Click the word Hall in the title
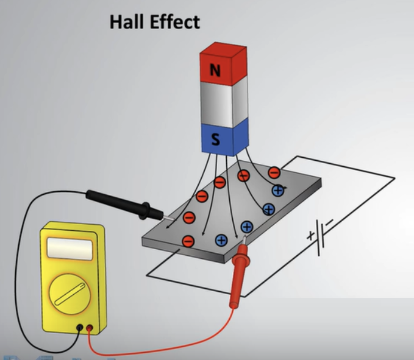pos(127,22)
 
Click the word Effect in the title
pos(175,22)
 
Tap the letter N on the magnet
pos(215,70)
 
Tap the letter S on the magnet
pos(216,139)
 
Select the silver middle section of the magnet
pos(224,104)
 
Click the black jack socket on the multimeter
pos(79,328)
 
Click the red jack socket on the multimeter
pos(90,328)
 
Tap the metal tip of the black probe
pos(169,218)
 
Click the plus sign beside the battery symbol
pos(310,235)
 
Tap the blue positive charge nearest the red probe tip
pos(247,227)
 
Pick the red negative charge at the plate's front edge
pos(188,241)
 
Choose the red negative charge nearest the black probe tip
pos(189,218)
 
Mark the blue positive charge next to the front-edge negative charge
pos(221,240)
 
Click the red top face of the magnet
pos(223,49)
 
